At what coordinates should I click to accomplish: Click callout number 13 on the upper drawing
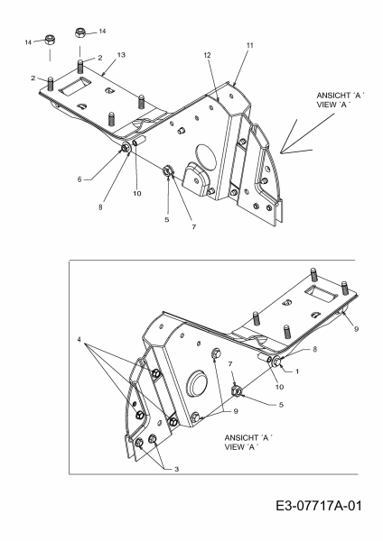[x=121, y=55]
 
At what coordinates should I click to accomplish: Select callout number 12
[x=207, y=55]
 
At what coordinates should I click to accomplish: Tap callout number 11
[x=250, y=45]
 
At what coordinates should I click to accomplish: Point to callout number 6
[x=79, y=179]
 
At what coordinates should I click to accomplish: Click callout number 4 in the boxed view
[x=79, y=340]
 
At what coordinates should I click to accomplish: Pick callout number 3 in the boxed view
[x=177, y=469]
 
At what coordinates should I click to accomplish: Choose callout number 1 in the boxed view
[x=297, y=371]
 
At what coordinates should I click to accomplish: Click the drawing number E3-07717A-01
[x=319, y=506]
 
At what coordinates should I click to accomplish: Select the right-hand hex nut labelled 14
[x=80, y=32]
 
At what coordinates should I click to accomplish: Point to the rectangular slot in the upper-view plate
[x=75, y=86]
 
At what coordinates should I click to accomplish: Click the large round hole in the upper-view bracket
[x=205, y=154]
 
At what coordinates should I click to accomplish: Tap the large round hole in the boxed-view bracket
[x=197, y=384]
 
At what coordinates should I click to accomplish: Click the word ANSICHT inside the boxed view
[x=241, y=438]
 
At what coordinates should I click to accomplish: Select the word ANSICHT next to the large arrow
[x=333, y=96]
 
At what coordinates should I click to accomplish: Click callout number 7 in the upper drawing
[x=194, y=227]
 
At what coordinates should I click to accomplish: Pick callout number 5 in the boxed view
[x=281, y=404]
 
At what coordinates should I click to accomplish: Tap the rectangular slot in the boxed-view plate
[x=321, y=294]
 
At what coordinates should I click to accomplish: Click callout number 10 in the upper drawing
[x=137, y=193]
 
